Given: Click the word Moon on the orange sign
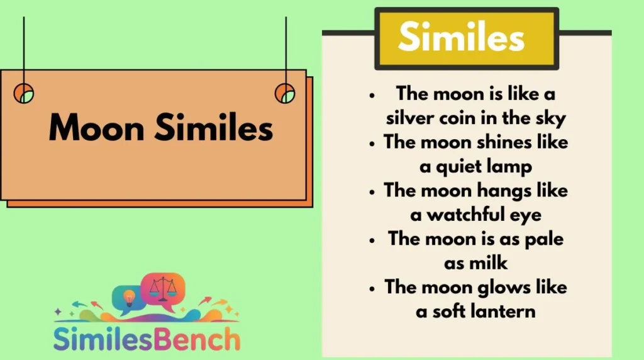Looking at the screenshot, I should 96,128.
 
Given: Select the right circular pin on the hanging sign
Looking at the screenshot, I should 285,93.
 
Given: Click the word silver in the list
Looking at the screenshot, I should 413,118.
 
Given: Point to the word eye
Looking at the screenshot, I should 526,215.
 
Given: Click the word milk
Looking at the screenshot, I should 489,263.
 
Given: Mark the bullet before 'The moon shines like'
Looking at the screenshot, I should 374,143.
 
